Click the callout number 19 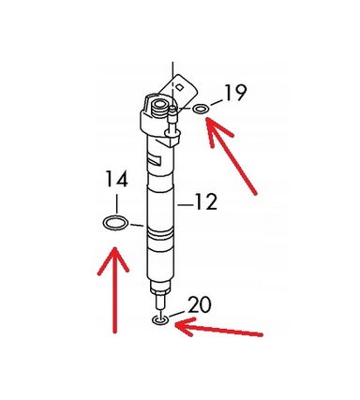(x=235, y=93)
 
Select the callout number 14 (x=116, y=179)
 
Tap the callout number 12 (x=206, y=201)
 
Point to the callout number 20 (x=200, y=304)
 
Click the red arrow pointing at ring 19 (x=231, y=156)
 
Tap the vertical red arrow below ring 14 (x=114, y=289)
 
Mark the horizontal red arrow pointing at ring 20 (x=218, y=330)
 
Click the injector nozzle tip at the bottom (x=160, y=302)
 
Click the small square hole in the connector (x=179, y=87)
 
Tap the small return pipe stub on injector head (x=172, y=120)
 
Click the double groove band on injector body (x=160, y=233)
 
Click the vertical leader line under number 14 (x=116, y=203)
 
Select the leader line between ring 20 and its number (x=176, y=314)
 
